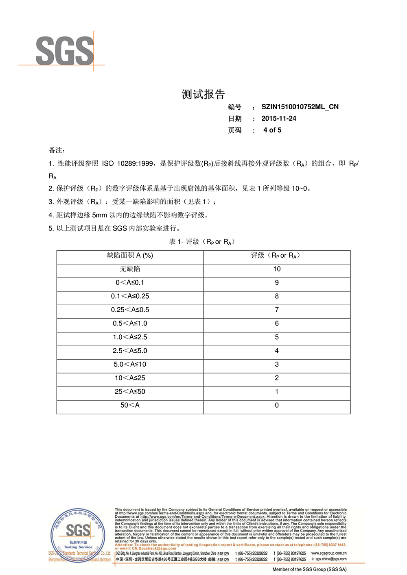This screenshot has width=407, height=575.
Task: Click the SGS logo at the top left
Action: pos(64,51)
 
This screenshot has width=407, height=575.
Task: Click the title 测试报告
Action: pos(203,95)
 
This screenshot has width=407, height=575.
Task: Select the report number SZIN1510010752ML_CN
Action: pos(300,107)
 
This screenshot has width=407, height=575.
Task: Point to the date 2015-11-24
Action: pos(279,119)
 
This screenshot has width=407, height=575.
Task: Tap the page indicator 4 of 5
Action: pos(272,130)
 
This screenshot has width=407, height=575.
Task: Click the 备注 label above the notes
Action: pos(57,150)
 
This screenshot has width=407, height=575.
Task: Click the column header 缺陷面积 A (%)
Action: pos(130,256)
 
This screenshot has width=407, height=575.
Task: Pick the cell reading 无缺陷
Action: pos(130,269)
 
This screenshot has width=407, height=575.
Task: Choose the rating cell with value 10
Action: pos(277,269)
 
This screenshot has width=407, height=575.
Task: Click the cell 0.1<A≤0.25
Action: pos(130,296)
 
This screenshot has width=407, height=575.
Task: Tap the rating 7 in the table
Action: pos(277,310)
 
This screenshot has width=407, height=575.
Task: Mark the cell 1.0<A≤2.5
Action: pos(130,337)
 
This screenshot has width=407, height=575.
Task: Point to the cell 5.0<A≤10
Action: pos(130,365)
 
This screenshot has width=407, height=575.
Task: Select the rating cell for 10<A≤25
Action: pos(277,378)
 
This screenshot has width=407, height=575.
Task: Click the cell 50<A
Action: pos(130,405)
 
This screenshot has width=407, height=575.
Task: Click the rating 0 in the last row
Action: pos(277,405)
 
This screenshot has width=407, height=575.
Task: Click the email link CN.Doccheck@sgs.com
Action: pos(154,549)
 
